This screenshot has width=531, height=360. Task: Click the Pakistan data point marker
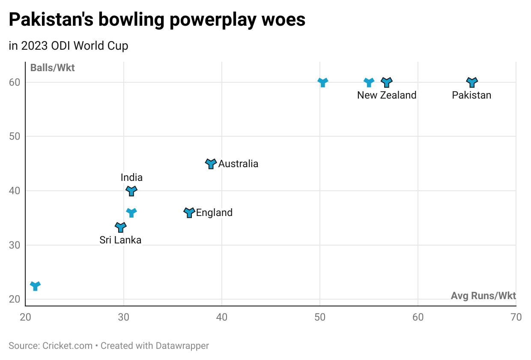[x=471, y=82]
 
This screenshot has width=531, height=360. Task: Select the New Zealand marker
[x=387, y=82]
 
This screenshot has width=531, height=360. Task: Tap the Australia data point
[x=211, y=163]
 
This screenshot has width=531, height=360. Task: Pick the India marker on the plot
[x=131, y=191]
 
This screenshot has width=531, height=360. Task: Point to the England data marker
[x=189, y=212]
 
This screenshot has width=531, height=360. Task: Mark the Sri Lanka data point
[x=121, y=227]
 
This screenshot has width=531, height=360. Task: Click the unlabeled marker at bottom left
[x=35, y=285]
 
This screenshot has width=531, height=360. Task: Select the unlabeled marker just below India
[x=131, y=212]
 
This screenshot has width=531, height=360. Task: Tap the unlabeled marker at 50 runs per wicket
[x=323, y=82]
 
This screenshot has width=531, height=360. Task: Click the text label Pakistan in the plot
[x=471, y=95]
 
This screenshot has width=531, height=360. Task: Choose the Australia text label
[x=238, y=164]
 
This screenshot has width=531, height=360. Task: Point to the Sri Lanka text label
[x=120, y=240]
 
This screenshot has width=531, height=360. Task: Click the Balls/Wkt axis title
[x=52, y=68]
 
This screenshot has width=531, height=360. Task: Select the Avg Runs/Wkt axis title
[x=483, y=296]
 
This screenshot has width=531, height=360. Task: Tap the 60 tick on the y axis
[x=15, y=82]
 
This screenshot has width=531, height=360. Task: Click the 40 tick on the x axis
[x=222, y=318]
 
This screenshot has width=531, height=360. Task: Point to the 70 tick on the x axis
[x=516, y=318]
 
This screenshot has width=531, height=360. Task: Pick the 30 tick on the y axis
[x=15, y=245]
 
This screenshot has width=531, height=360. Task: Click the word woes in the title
[x=285, y=20]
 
